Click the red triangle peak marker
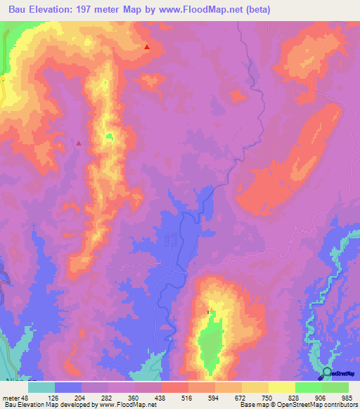147,47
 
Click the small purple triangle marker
79,143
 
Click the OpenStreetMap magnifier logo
326,373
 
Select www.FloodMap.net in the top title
209,9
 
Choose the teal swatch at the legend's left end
41,387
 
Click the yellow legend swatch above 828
281,387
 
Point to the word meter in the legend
9,397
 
